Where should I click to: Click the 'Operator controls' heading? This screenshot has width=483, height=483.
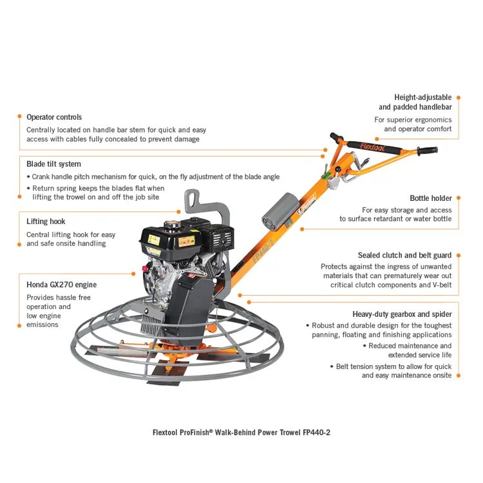pyautogui.click(x=54, y=117)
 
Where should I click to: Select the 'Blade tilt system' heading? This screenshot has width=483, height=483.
pyautogui.click(x=53, y=164)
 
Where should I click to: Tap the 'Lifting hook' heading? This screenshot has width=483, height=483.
pyautogui.click(x=46, y=222)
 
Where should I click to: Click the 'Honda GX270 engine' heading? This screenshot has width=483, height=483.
pyautogui.click(x=61, y=285)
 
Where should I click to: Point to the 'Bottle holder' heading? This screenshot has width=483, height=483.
pyautogui.click(x=431, y=198)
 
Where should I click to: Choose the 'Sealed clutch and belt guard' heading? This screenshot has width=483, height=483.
pyautogui.click(x=404, y=256)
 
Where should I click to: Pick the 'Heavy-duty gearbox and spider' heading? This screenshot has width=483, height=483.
pyautogui.click(x=402, y=314)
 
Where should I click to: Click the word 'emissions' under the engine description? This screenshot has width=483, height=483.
pyautogui.click(x=43, y=325)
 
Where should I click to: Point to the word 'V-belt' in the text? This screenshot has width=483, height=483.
pyautogui.click(x=438, y=285)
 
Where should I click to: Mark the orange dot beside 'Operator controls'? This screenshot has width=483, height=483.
pyautogui.click(x=18, y=117)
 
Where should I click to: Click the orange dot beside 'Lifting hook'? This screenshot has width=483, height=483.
pyautogui.click(x=18, y=222)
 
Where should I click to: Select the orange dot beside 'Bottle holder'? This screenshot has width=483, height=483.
pyautogui.click(x=459, y=198)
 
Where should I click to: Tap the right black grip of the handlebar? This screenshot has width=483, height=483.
pyautogui.click(x=428, y=151)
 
